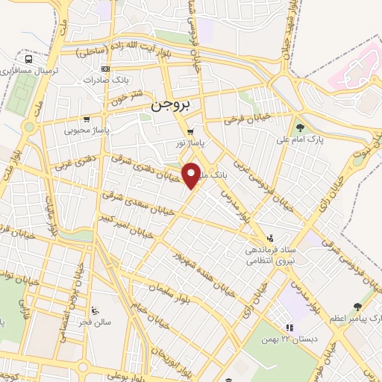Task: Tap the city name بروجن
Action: pos(171,106)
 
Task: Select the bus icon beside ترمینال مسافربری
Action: pos(28,59)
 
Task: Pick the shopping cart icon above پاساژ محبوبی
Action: pos(87,119)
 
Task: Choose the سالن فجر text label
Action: pos(95,321)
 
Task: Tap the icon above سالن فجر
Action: pos(94,310)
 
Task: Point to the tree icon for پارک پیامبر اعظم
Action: pos(358,307)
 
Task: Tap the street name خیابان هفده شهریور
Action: pos(195,273)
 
